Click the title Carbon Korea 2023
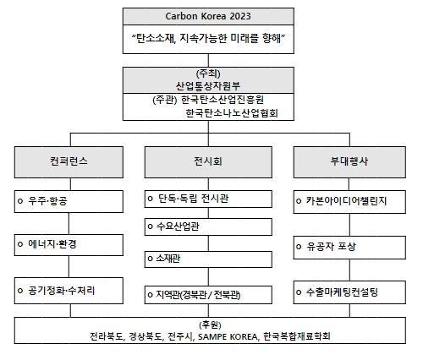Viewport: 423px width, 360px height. point(208,16)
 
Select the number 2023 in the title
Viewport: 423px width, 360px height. point(240,16)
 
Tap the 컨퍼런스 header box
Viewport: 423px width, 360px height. point(69,162)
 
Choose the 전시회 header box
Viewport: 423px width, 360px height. point(208,162)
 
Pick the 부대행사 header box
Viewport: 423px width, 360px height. point(349,162)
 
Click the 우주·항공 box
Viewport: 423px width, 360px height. point(69,201)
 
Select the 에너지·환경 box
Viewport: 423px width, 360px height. point(69,245)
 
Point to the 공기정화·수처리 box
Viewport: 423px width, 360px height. point(69,291)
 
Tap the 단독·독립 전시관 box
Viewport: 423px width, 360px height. point(208,199)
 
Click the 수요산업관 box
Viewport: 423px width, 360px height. point(208,226)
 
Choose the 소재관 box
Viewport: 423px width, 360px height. point(208,259)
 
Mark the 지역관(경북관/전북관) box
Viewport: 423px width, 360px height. point(208,295)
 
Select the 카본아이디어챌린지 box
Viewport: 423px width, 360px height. point(349,202)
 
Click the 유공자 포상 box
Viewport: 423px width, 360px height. point(349,248)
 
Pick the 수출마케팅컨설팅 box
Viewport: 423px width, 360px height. point(349,292)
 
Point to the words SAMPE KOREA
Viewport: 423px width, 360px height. point(228,337)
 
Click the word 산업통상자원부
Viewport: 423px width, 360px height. point(208,85)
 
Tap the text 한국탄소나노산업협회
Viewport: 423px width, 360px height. point(232,113)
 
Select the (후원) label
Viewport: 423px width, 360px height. point(210,325)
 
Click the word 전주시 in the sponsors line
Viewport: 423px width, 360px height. point(180,336)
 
